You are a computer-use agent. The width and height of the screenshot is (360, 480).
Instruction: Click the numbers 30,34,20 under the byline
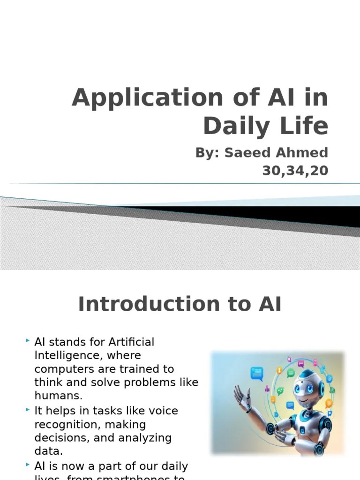(295, 171)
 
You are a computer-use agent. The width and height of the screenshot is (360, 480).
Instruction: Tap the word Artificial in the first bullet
(131, 342)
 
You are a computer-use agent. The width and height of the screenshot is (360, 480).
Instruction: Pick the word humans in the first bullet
(58, 395)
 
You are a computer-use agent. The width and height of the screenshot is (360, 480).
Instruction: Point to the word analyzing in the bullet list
(141, 438)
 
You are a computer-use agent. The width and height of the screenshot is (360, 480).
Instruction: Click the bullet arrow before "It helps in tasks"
(28, 410)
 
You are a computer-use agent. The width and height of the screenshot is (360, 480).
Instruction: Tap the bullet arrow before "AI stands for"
(28, 339)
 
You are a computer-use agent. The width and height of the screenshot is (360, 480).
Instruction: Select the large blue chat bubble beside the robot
(257, 373)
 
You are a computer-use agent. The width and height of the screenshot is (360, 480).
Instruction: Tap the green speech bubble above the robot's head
(291, 373)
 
